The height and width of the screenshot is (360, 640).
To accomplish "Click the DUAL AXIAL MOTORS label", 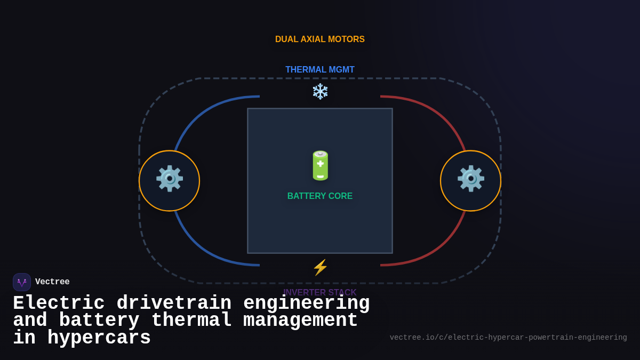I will tap(320, 39).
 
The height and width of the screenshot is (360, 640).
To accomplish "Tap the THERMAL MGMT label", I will tap(320, 70).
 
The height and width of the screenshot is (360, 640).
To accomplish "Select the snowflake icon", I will tap(320, 91).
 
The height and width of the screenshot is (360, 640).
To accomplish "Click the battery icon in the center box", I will tap(320, 165).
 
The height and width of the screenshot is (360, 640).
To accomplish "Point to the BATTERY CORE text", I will tap(320, 196).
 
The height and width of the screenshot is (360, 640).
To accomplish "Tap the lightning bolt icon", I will tap(320, 267).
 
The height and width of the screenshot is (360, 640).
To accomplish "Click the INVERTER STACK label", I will tap(320, 291).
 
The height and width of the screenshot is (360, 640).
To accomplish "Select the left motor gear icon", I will tap(169, 179).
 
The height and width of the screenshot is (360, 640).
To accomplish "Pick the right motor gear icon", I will tap(470, 179).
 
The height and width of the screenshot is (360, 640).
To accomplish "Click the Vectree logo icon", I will tap(22, 282).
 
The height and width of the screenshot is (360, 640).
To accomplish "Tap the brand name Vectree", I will tap(52, 282).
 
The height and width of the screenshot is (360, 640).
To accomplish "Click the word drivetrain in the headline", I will tap(174, 303).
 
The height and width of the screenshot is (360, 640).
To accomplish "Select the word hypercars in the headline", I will tap(99, 338).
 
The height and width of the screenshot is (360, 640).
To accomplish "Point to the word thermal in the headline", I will tap(191, 321).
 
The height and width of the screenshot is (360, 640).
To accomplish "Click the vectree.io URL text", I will tap(508, 338).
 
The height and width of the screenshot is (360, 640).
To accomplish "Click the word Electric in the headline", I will tap(59, 303).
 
